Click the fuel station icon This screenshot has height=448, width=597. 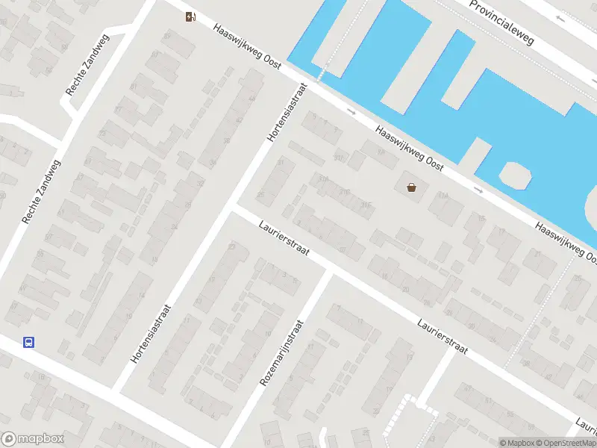192,16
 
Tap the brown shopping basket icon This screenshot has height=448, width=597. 411,187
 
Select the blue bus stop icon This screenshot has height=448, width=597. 28,343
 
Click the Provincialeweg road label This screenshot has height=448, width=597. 502,22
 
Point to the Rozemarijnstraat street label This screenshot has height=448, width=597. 282,353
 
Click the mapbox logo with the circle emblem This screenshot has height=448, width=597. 33,439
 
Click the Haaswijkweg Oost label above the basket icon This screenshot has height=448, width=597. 410,149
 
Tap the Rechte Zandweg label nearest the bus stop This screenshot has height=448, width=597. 42,192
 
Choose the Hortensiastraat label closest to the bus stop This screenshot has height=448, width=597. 151,334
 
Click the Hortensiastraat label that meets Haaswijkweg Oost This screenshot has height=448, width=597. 287,111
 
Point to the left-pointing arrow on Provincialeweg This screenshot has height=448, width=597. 560,19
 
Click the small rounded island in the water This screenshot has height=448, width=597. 516,175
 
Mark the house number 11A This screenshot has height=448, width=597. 443,196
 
